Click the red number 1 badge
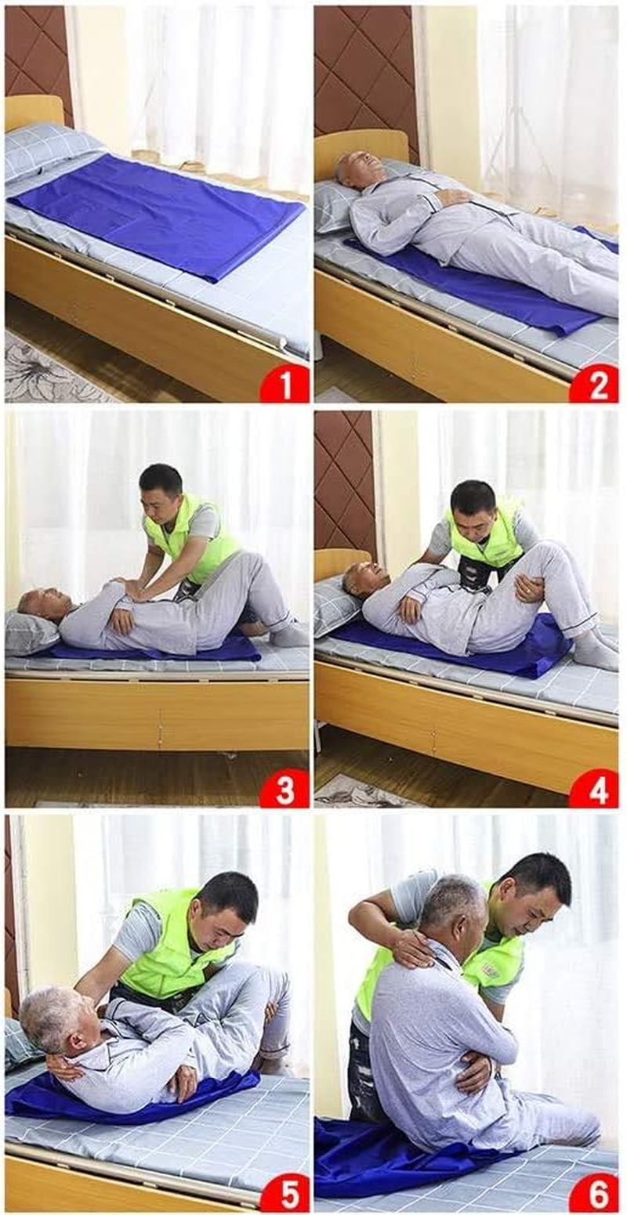(x=285, y=385)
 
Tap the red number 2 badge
(x=593, y=385)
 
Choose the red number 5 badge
(x=285, y=1194)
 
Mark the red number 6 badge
(x=593, y=1194)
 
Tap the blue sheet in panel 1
(x=157, y=212)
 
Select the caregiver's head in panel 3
(x=161, y=486)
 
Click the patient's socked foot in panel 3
(x=288, y=635)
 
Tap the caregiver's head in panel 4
(x=473, y=502)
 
